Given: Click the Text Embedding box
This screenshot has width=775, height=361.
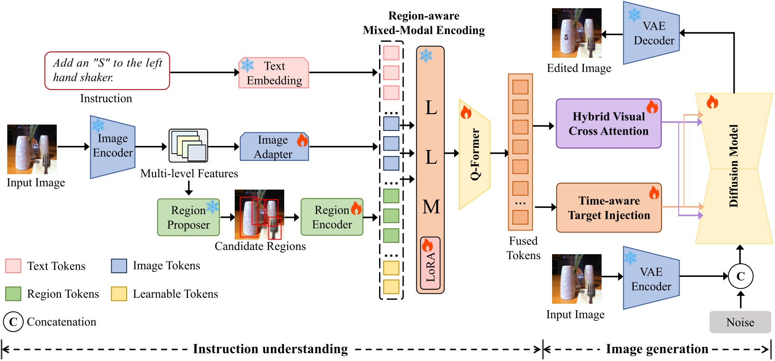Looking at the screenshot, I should pyautogui.click(x=274, y=73).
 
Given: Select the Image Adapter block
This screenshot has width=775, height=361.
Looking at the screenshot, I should pyautogui.click(x=274, y=147).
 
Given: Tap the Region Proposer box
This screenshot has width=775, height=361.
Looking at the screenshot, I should pyautogui.click(x=188, y=217).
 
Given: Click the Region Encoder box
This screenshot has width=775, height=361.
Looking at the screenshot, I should pyautogui.click(x=332, y=217).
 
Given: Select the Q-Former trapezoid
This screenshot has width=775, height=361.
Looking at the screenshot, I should pyautogui.click(x=474, y=154).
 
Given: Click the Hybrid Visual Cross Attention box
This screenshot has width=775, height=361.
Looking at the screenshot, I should pyautogui.click(x=608, y=124).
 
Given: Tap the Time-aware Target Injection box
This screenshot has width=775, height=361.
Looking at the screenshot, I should pyautogui.click(x=608, y=208).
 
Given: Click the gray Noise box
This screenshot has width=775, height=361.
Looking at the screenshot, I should pyautogui.click(x=740, y=322).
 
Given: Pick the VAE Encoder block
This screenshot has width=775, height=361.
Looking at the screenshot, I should pyautogui.click(x=651, y=279).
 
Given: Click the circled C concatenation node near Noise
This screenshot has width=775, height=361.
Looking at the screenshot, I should pyautogui.click(x=740, y=276).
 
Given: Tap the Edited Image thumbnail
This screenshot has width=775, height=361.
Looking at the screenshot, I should pyautogui.click(x=577, y=33).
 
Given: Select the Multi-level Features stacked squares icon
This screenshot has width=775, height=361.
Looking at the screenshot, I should pyautogui.click(x=188, y=145).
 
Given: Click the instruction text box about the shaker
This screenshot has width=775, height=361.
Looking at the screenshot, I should pyautogui.click(x=107, y=70).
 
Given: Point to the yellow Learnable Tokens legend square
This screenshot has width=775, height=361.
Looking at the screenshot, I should pyautogui.click(x=119, y=294).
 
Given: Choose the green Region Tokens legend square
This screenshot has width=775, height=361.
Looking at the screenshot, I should pyautogui.click(x=13, y=294).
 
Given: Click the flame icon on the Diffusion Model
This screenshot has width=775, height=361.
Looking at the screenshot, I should pyautogui.click(x=712, y=102).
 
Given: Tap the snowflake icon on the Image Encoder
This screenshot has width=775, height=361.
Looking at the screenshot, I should pyautogui.click(x=98, y=125).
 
